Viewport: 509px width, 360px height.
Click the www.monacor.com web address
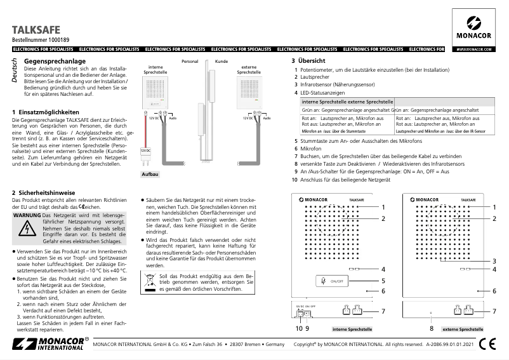click(474, 49)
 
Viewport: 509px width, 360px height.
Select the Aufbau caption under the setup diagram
click(150, 173)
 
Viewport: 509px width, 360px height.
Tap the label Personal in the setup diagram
click(190, 62)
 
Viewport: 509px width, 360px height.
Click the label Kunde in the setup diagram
click(221, 62)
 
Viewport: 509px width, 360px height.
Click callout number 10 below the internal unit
click(298, 329)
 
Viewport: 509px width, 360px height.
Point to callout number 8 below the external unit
click(431, 329)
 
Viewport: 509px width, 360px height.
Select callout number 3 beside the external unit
click(494, 261)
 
